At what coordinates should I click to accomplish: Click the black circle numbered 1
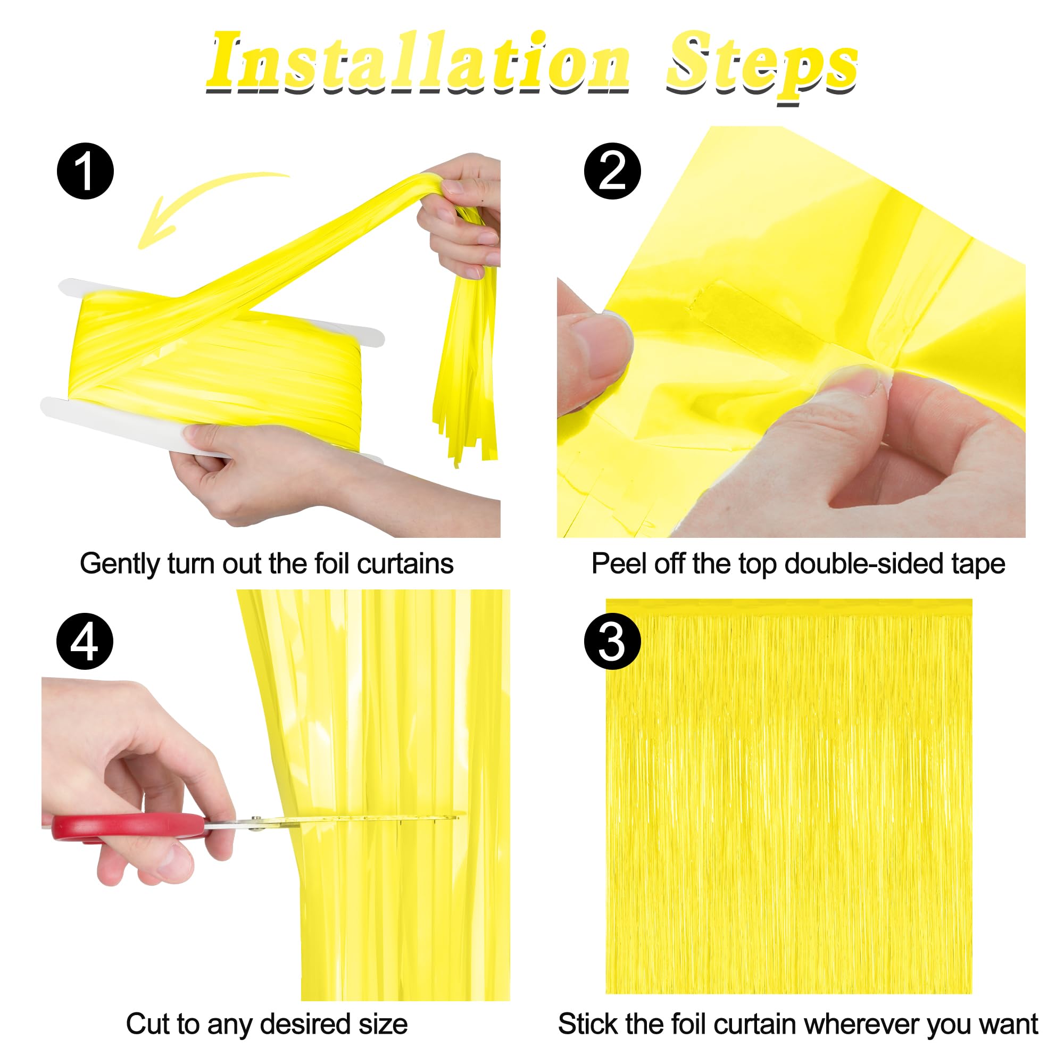pos(85,171)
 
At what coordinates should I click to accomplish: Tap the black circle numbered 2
pos(612,171)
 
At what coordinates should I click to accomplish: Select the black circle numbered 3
pos(612,642)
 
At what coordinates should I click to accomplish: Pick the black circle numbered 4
pos(85,642)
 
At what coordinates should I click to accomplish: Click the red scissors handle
pos(127,826)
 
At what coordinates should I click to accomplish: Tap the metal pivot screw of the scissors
pos(256,823)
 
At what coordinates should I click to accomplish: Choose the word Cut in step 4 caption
pos(144,1024)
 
